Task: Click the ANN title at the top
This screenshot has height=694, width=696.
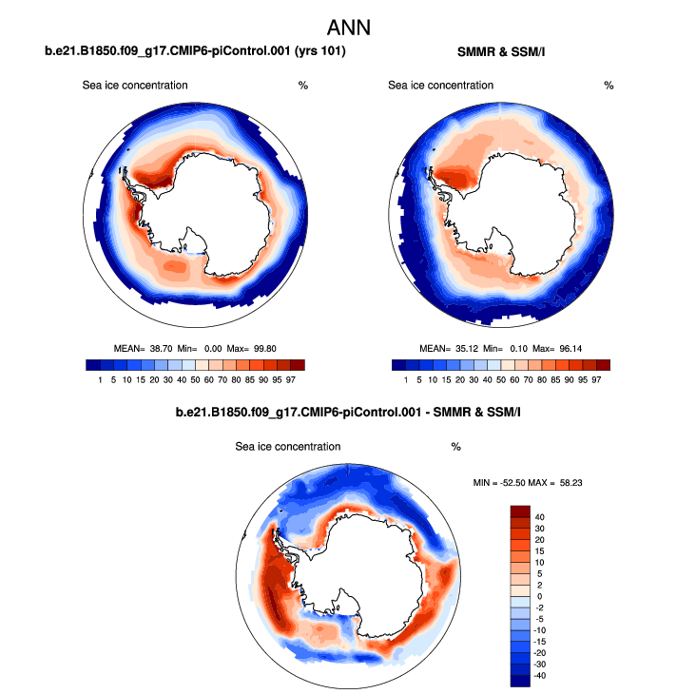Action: pyautogui.click(x=348, y=25)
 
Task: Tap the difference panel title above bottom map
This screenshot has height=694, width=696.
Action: pyautogui.click(x=348, y=413)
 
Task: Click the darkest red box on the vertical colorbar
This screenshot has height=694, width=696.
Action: pyautogui.click(x=520, y=511)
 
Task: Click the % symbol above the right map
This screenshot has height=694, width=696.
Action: pyautogui.click(x=609, y=86)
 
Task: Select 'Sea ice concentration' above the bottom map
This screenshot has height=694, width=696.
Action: pyautogui.click(x=288, y=446)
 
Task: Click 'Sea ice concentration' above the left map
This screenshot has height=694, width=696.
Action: pyautogui.click(x=135, y=86)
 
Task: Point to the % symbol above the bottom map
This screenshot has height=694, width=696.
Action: pyautogui.click(x=455, y=446)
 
